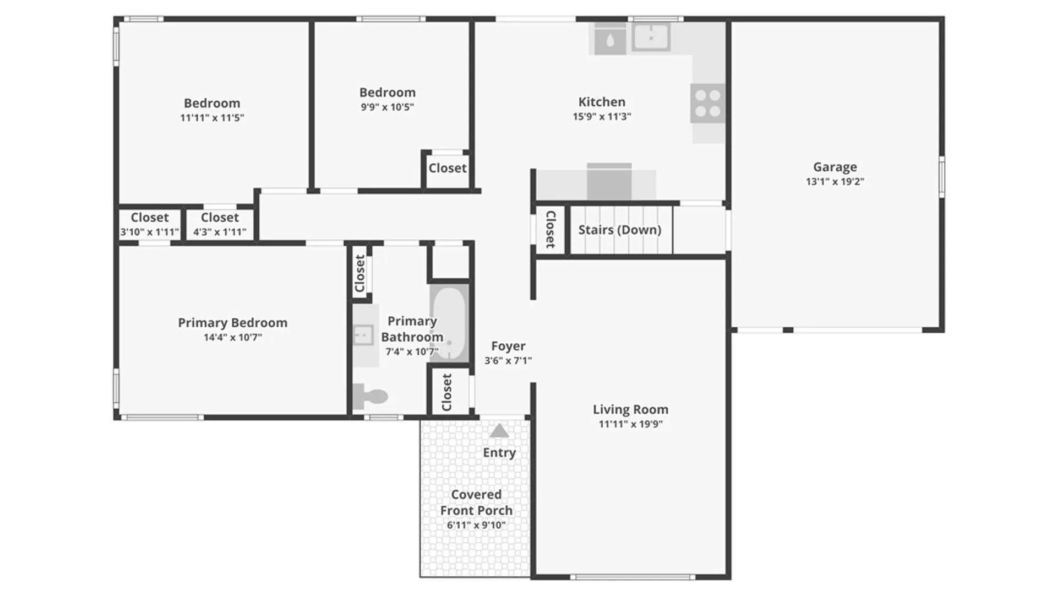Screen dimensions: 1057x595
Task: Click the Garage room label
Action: tap(835, 167)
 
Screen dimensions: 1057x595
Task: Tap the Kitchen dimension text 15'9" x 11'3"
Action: tap(602, 116)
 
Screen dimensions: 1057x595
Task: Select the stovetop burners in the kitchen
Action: tap(707, 104)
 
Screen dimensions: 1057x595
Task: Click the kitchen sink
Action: tap(651, 37)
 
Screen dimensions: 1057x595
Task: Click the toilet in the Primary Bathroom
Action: tap(371, 396)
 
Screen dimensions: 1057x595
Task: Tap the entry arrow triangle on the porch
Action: tap(499, 430)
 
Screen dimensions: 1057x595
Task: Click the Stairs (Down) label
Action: tap(620, 230)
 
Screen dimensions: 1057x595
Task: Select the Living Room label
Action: tap(630, 409)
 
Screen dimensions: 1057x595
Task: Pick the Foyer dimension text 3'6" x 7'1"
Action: tap(508, 360)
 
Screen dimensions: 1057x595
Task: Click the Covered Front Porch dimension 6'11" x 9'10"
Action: tap(476, 525)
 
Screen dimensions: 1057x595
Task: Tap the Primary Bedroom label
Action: tap(232, 323)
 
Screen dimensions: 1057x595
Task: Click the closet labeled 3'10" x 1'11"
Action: tap(150, 224)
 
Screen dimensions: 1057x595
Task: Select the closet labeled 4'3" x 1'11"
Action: tap(220, 224)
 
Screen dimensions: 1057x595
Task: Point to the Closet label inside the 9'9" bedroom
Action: tap(448, 168)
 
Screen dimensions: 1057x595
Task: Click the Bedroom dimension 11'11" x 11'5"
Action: tap(212, 117)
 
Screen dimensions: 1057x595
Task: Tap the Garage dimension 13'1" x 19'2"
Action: tap(835, 181)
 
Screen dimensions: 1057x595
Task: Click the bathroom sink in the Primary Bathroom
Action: tap(364, 334)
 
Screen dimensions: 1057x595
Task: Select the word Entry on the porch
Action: tap(499, 452)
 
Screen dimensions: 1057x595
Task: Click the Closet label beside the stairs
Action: tap(550, 229)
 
